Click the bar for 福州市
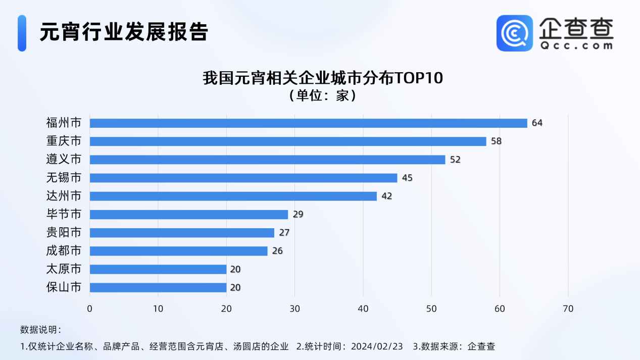(308, 123)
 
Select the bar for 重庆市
(288, 141)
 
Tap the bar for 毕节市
(188, 215)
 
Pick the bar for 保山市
(158, 288)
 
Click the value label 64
(537, 123)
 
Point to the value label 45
(407, 178)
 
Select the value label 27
(284, 233)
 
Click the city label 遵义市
(64, 160)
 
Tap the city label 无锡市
(64, 178)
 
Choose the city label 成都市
(64, 251)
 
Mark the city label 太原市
(64, 269)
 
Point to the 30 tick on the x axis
(294, 308)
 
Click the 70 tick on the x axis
(568, 308)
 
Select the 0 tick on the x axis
(90, 308)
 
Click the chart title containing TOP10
(322, 79)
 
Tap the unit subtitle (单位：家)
(322, 95)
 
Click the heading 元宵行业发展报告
(124, 32)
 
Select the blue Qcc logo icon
(514, 33)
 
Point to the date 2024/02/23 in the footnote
(377, 346)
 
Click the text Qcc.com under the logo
(576, 45)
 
